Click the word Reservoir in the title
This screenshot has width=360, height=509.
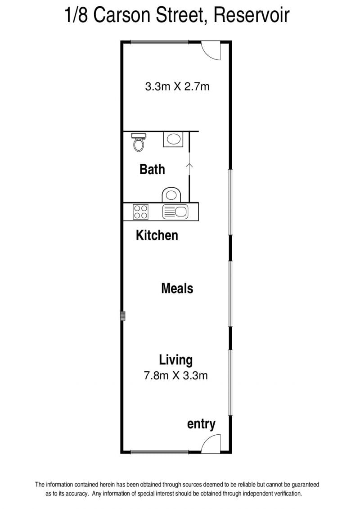(x=251, y=15)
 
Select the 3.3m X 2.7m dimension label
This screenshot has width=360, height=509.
(x=177, y=87)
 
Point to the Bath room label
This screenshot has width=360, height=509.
(x=152, y=169)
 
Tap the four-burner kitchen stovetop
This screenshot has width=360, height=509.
(x=141, y=212)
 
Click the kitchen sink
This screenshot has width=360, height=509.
(x=175, y=212)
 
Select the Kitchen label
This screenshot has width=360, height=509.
(x=157, y=235)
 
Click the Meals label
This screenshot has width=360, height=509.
(x=177, y=288)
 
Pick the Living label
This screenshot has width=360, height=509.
(x=175, y=360)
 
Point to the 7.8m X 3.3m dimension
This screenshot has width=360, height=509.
(x=175, y=376)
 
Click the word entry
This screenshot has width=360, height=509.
(x=201, y=424)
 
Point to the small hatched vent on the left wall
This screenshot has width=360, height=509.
(x=123, y=316)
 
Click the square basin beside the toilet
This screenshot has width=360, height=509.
(x=173, y=139)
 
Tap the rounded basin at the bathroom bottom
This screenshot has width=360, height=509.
(x=171, y=194)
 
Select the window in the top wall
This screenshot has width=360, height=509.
(x=159, y=42)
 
